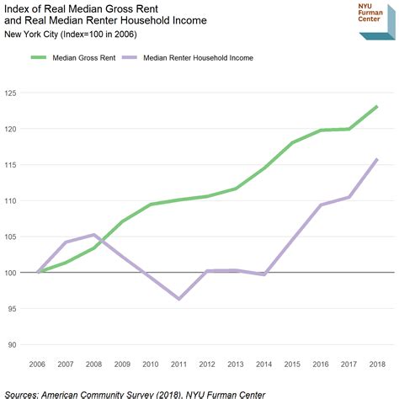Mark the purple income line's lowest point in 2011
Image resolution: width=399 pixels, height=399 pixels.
[x=179, y=299]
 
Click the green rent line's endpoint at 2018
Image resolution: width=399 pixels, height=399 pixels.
[x=377, y=107]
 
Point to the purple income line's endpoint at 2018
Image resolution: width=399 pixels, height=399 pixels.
[x=377, y=159]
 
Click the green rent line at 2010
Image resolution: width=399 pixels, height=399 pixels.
[x=150, y=205]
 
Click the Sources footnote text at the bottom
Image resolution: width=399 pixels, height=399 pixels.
[x=135, y=393]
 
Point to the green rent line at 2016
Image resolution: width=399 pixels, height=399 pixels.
[x=321, y=130]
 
